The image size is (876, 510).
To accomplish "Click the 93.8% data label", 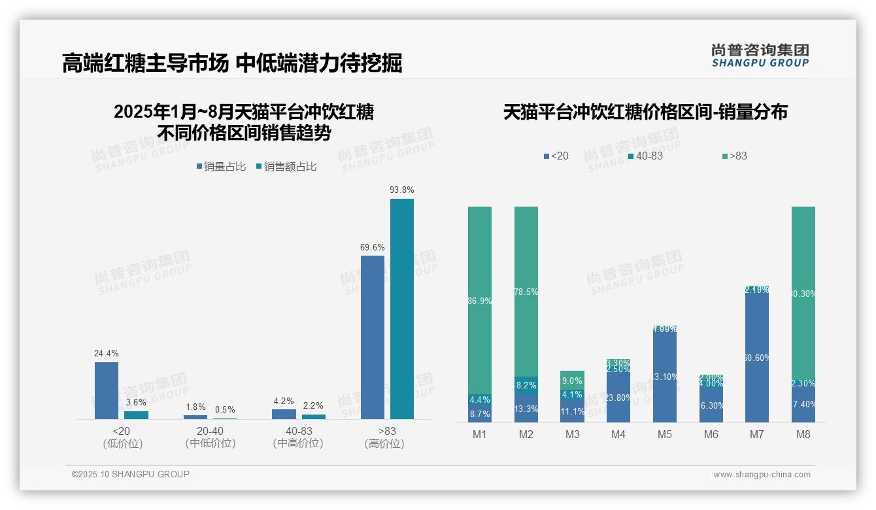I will click(401, 190).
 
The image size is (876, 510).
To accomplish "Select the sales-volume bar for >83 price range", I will click(373, 337).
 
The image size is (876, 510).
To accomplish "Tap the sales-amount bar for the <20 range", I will click(136, 415).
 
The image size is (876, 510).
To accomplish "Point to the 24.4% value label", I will click(107, 354).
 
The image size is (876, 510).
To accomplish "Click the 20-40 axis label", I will click(210, 432).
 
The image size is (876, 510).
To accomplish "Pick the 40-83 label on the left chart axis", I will click(298, 432).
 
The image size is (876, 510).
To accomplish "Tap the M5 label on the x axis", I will click(665, 435).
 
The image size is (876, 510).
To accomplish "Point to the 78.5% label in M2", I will click(526, 292).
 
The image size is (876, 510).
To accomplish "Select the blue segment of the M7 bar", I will click(757, 356).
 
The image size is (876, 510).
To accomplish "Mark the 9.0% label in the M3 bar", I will click(572, 381).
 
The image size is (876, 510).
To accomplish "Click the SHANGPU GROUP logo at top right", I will click(760, 55).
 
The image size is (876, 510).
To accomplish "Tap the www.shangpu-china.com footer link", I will click(762, 475).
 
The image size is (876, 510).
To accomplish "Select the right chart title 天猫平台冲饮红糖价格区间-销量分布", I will click(645, 112).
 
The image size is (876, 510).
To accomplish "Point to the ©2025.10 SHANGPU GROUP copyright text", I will click(131, 474).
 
